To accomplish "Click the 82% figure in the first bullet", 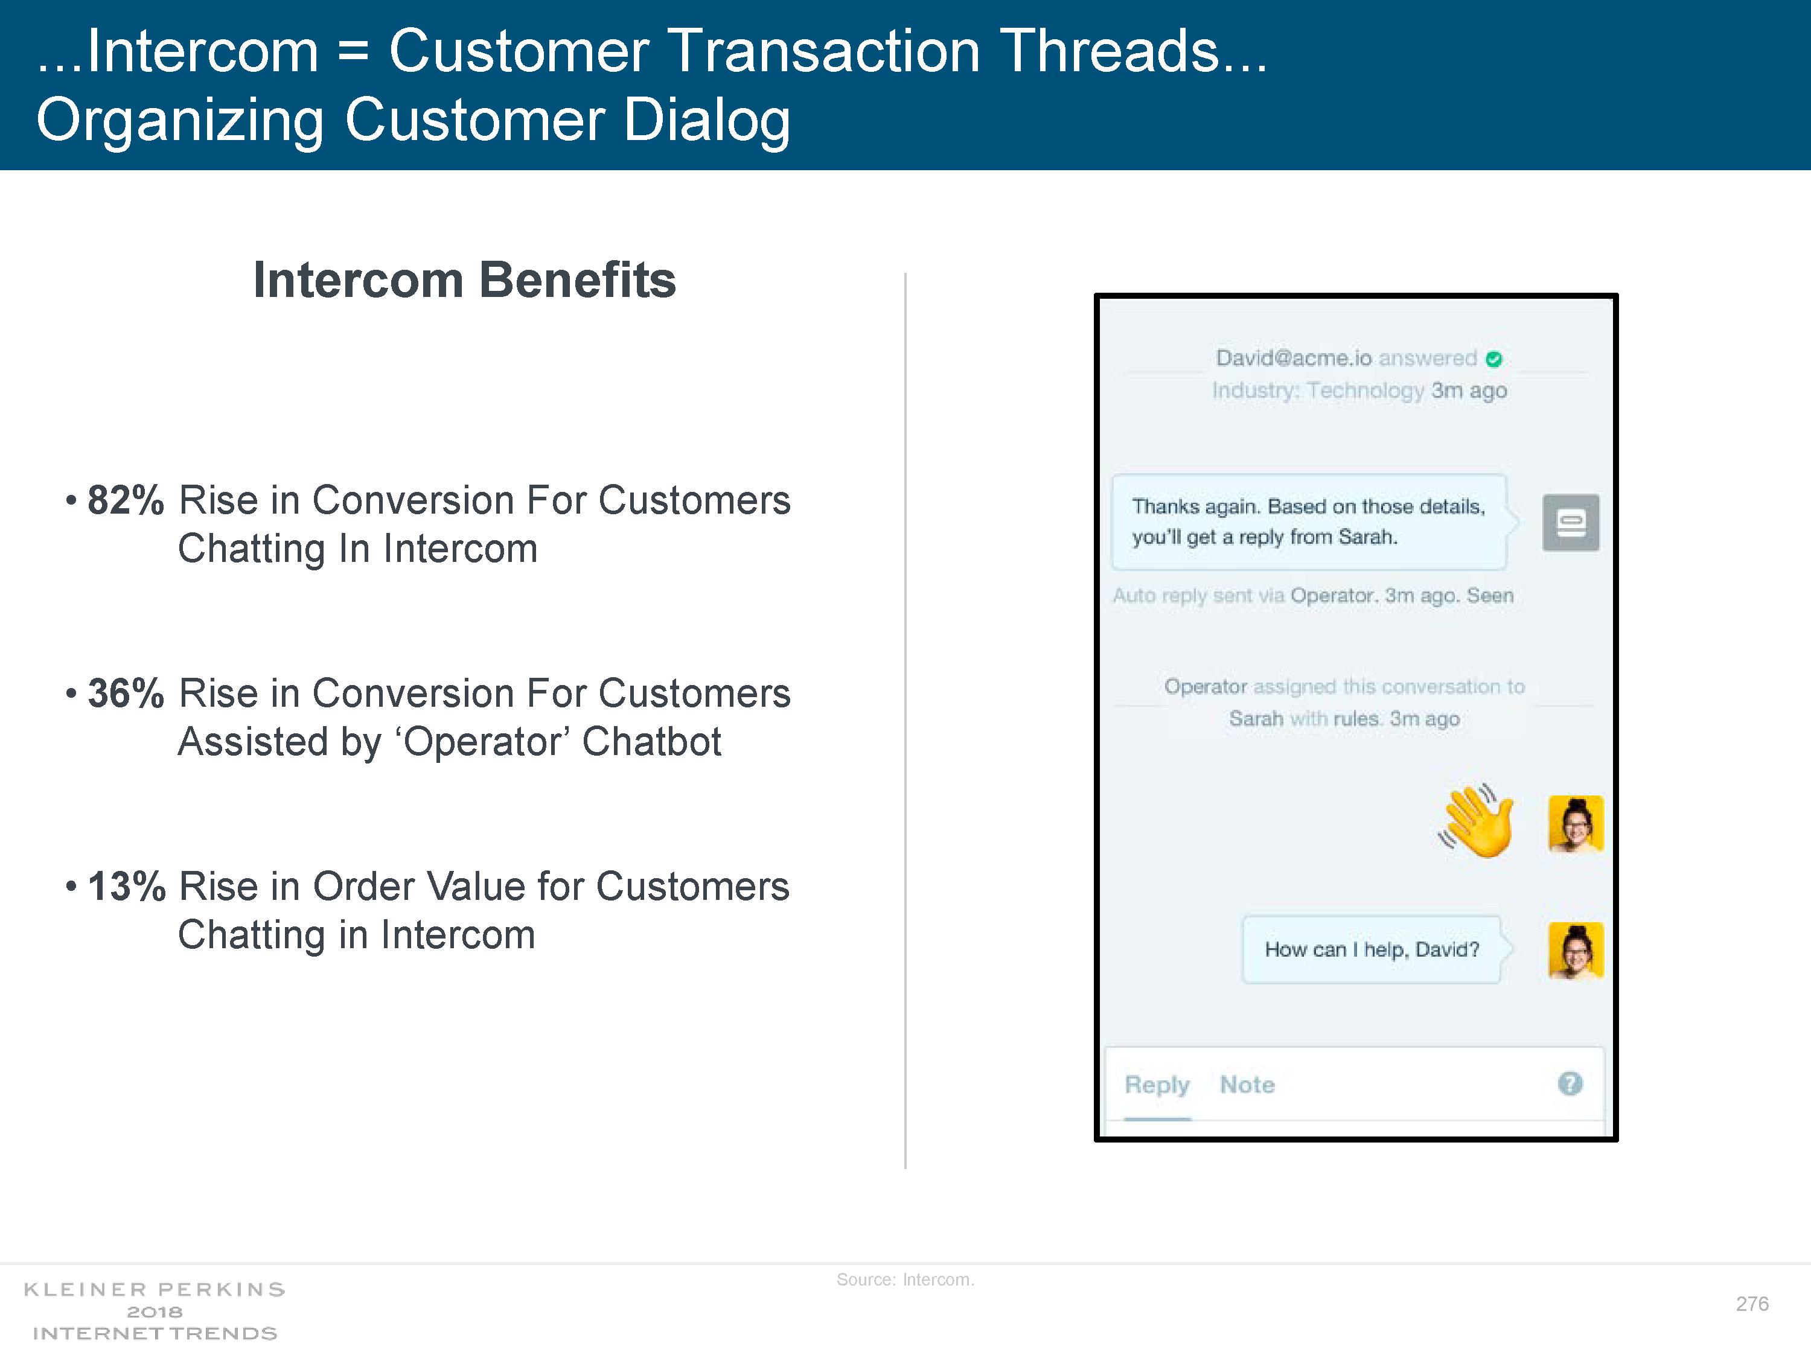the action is pyautogui.click(x=126, y=500).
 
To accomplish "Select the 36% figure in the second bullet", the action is pyautogui.click(x=126, y=693).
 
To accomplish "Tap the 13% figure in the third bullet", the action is pyautogui.click(x=126, y=887).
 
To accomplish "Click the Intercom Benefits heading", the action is pyautogui.click(x=464, y=280).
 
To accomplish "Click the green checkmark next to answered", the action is pyautogui.click(x=1494, y=359).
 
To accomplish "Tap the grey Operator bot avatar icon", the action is pyautogui.click(x=1570, y=522).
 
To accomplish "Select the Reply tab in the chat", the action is pyautogui.click(x=1157, y=1085).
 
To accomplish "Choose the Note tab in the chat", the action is pyautogui.click(x=1247, y=1085).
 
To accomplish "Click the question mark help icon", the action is pyautogui.click(x=1570, y=1084).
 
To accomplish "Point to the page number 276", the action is pyautogui.click(x=1752, y=1304).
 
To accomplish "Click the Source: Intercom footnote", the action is pyautogui.click(x=905, y=1280).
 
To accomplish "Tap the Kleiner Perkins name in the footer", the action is pyautogui.click(x=154, y=1290).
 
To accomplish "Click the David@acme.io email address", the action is pyautogui.click(x=1294, y=359).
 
